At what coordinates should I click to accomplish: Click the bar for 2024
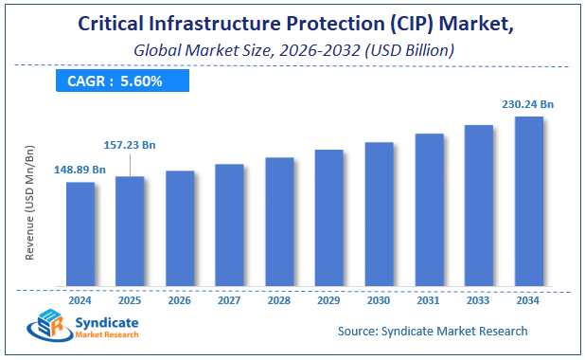[x=80, y=233]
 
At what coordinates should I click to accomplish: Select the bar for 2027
[x=229, y=225]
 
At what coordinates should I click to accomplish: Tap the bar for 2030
[x=379, y=213]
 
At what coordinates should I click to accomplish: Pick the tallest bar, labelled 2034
[x=528, y=201]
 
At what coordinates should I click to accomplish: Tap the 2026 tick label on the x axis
[x=180, y=299]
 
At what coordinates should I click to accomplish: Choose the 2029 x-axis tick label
[x=328, y=299]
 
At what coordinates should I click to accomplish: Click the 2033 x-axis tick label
[x=478, y=299]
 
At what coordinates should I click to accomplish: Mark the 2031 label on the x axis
[x=429, y=299]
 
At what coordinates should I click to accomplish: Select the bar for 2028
[x=279, y=221]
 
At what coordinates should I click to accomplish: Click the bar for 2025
[x=130, y=230]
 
